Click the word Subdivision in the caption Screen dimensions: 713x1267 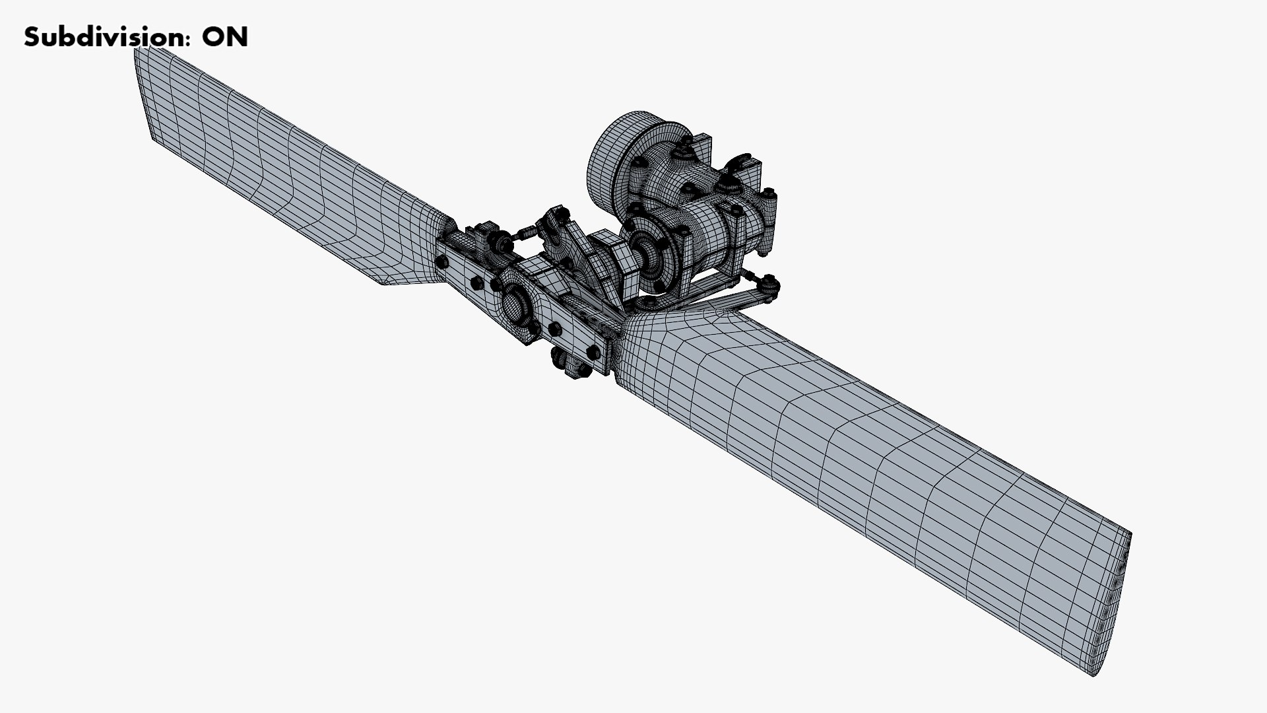point(102,38)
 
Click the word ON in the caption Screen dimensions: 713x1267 point(224,38)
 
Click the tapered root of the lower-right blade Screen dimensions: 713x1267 point(660,350)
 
